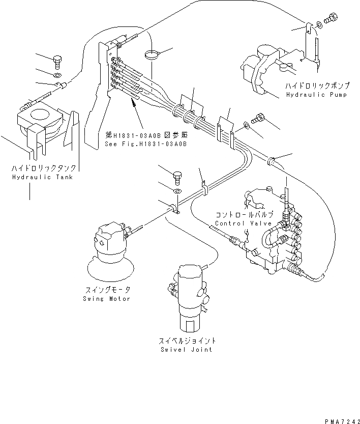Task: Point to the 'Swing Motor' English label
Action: coord(107,299)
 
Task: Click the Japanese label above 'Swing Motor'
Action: coord(107,290)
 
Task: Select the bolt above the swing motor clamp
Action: coord(177,178)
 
